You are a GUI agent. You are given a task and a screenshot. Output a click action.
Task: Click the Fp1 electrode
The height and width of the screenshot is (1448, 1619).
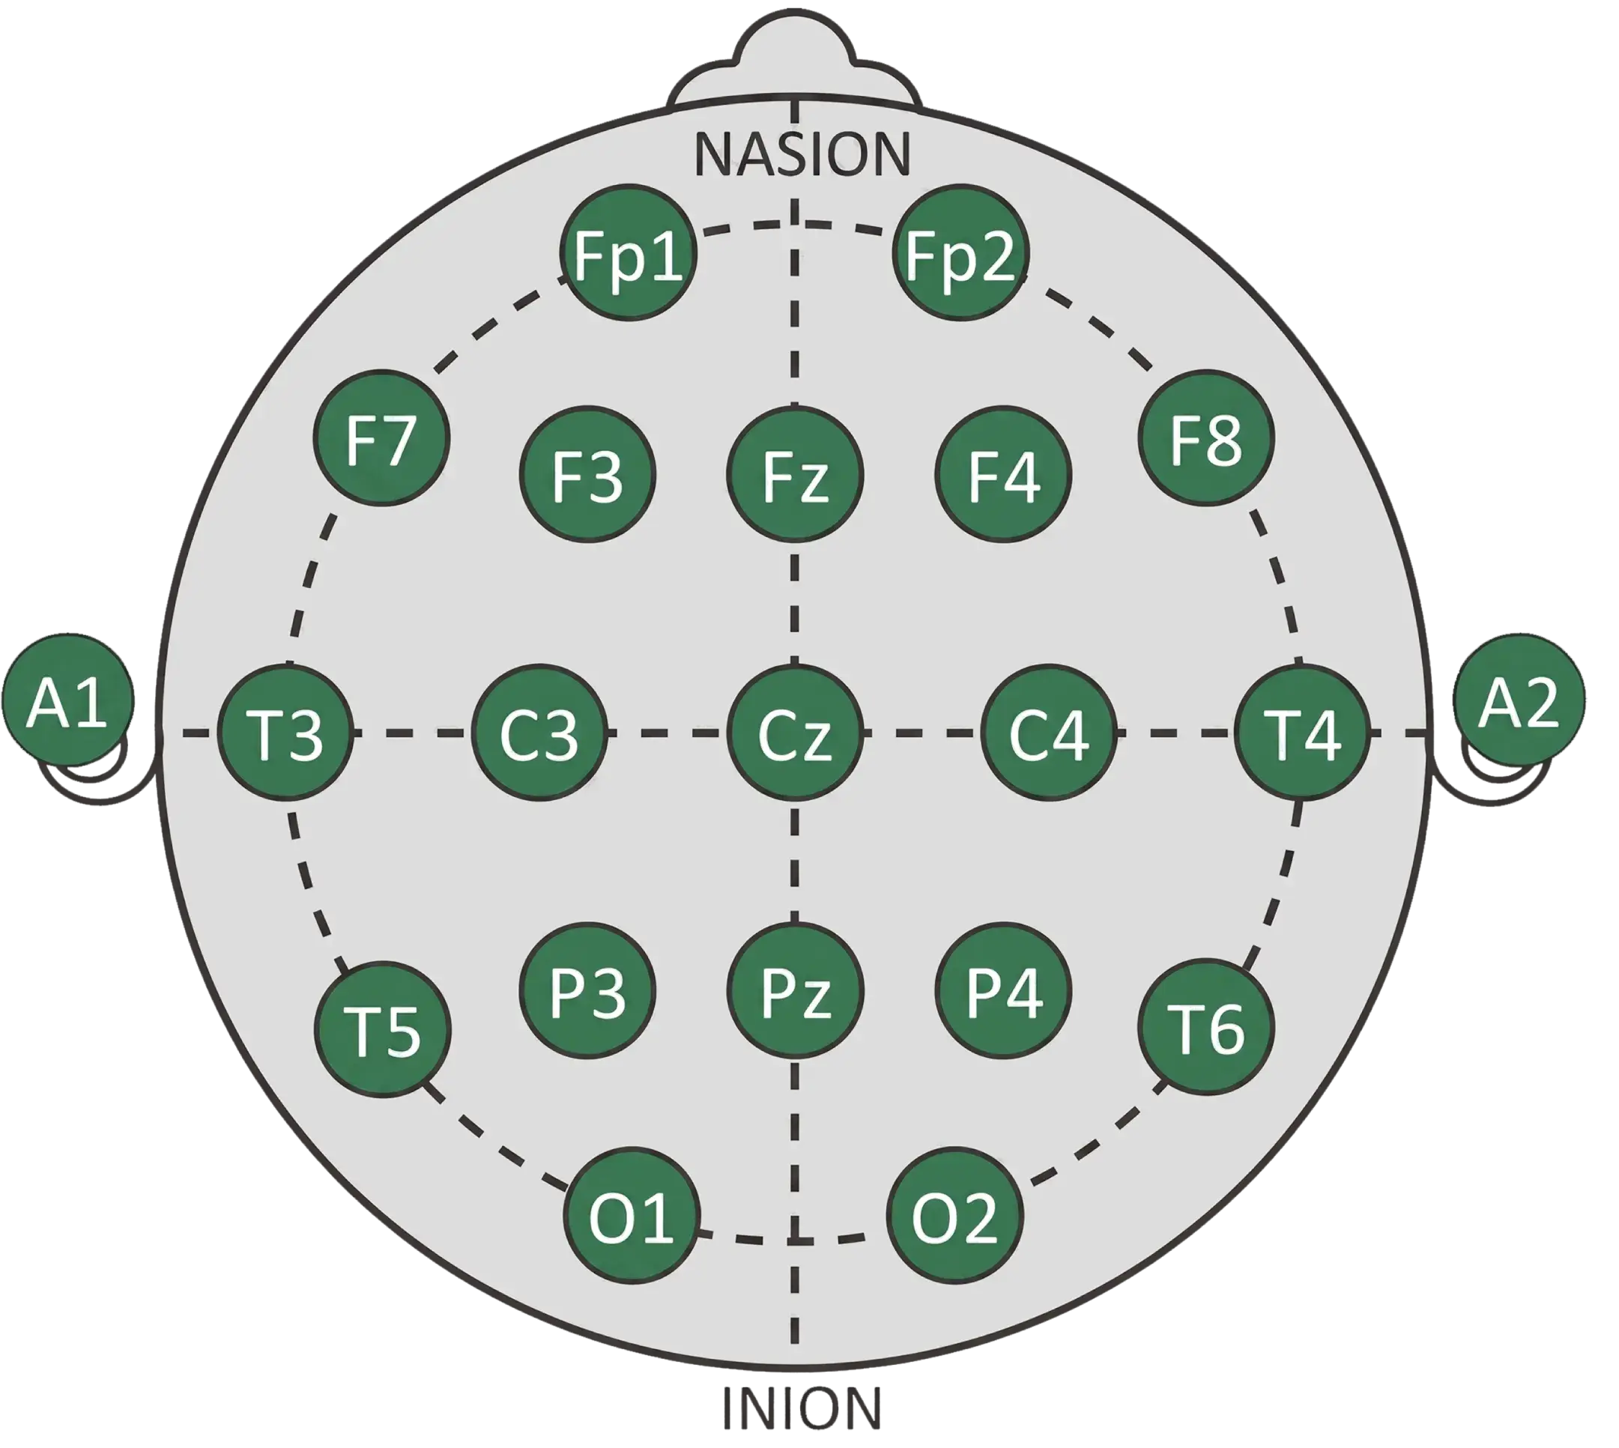(629, 253)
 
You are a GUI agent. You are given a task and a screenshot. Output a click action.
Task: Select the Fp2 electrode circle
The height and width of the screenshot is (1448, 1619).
(960, 253)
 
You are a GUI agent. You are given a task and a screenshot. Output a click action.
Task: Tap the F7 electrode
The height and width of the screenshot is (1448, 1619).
(382, 437)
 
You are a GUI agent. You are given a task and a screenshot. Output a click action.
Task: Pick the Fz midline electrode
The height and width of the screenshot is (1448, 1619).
(795, 475)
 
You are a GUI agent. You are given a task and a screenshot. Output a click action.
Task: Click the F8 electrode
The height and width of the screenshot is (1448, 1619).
(1206, 437)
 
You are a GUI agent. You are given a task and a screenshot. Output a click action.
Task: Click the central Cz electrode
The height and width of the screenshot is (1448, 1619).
(795, 733)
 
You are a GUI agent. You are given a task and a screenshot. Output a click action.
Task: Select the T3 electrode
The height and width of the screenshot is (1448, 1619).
(285, 733)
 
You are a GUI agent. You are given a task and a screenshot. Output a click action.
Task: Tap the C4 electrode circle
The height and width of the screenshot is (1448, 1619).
(1049, 733)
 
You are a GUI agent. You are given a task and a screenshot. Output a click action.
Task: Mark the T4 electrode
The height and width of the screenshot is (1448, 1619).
(1302, 733)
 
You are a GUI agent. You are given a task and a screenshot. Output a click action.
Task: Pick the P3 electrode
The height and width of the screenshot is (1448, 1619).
(587, 990)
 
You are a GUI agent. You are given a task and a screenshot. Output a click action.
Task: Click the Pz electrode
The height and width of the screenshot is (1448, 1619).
(795, 990)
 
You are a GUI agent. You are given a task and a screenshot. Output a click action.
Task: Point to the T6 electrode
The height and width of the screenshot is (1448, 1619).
(1206, 1027)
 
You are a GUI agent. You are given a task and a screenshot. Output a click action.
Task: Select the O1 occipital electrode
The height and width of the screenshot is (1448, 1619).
(631, 1215)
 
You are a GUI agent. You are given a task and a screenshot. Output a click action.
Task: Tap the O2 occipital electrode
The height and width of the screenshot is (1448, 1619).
(954, 1215)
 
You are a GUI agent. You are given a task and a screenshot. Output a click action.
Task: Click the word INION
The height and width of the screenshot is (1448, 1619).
(802, 1408)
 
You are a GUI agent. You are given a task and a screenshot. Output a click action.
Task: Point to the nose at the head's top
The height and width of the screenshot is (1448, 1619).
(795, 60)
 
